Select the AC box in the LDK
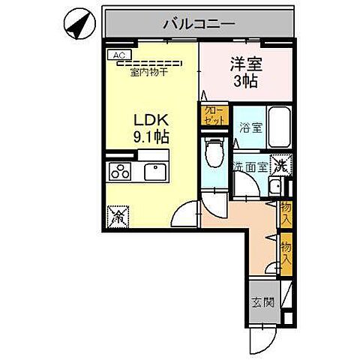point(118,55)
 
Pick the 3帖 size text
point(244,81)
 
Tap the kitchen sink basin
point(155,170)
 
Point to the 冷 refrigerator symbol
point(118,218)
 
